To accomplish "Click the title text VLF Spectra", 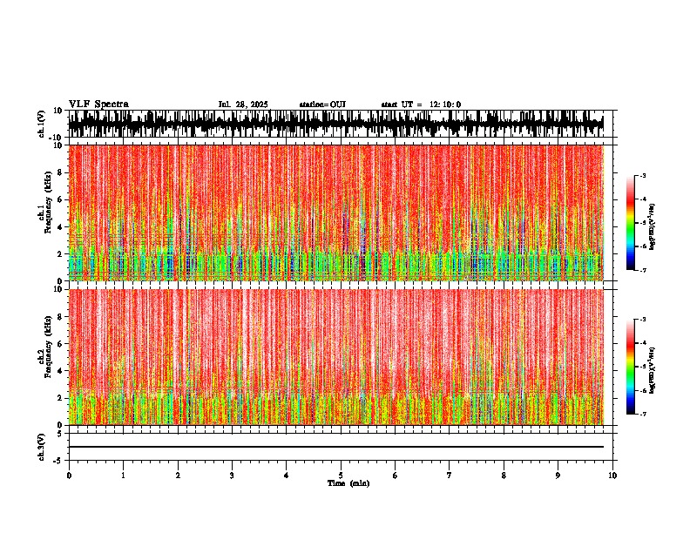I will pos(98,105).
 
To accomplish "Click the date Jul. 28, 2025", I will pos(243,105).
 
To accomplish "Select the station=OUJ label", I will pos(322,105).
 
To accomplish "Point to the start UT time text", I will pos(421,105).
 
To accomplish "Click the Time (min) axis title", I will pos(348,483).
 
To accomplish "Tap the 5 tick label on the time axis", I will pos(341,476).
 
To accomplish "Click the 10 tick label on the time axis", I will pos(612,476).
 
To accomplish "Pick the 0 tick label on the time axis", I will pos(69,476).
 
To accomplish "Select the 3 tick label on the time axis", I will pos(232,476).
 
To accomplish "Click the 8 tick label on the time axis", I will pos(504,476).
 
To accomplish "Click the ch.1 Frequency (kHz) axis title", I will pos(44,213).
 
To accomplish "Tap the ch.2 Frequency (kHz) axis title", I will pos(44,357).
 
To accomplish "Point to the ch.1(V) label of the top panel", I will pos(42,124).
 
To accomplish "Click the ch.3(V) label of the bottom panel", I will pos(42,446).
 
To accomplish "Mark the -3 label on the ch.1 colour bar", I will pos(642,176).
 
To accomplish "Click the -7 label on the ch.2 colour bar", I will pos(642,415).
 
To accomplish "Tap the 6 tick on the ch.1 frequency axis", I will pos(62,199).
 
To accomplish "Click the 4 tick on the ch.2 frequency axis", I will pos(62,371).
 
